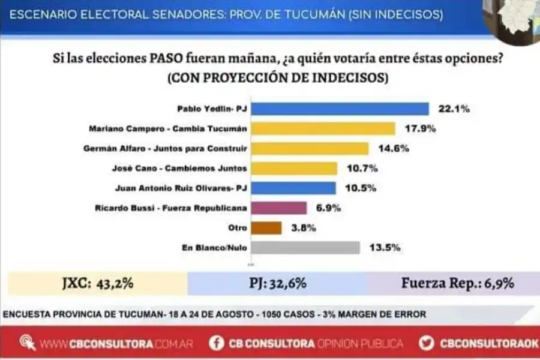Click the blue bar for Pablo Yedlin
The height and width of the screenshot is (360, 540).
(x=341, y=109)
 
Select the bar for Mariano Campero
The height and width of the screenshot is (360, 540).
(x=324, y=128)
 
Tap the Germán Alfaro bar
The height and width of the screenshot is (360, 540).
(x=311, y=148)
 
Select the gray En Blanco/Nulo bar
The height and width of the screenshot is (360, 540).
(x=307, y=247)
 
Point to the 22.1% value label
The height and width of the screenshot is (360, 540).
(x=454, y=109)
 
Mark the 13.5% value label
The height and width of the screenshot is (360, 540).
(x=385, y=247)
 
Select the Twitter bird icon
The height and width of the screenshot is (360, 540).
(x=427, y=343)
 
